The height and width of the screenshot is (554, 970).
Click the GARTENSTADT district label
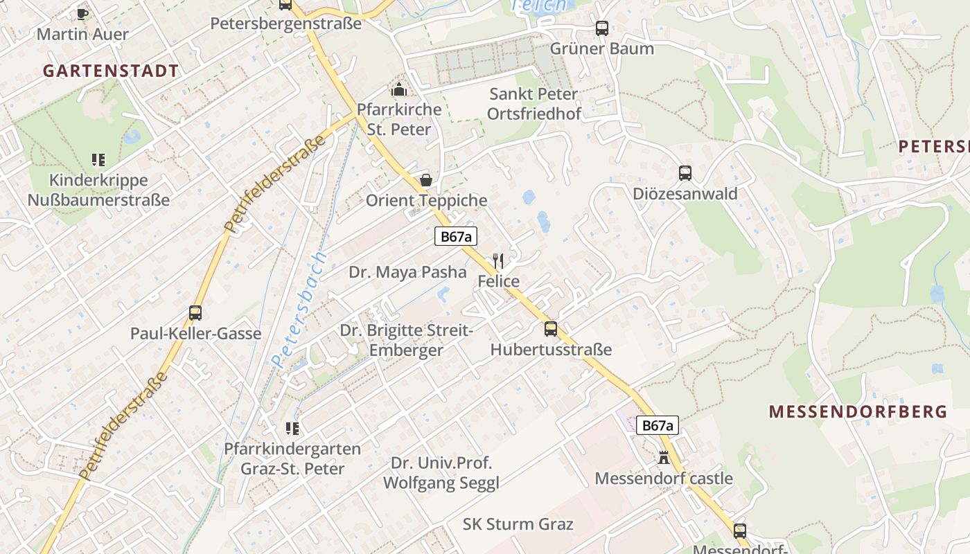(x=111, y=71)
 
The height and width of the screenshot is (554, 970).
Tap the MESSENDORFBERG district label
(x=858, y=411)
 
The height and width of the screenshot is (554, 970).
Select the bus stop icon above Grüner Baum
(x=601, y=28)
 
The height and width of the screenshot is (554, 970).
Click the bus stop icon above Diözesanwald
(x=685, y=173)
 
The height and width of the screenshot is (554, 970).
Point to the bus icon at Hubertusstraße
(x=550, y=329)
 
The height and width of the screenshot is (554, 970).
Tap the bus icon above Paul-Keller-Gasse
(x=195, y=313)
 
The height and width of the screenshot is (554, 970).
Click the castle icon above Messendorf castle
(x=663, y=458)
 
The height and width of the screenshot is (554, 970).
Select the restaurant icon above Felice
(x=498, y=261)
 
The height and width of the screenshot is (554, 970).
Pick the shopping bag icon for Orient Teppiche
(x=425, y=180)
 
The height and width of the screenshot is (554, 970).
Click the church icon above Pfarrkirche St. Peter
(x=398, y=89)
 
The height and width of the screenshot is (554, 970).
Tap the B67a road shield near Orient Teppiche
(x=457, y=236)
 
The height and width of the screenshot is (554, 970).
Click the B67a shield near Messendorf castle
(x=657, y=425)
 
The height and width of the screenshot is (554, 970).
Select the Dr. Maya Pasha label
(x=407, y=271)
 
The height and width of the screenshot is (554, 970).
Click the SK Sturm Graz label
(x=518, y=524)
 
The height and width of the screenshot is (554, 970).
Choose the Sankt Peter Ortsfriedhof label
(x=533, y=103)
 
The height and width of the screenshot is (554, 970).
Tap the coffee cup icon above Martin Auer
(x=82, y=14)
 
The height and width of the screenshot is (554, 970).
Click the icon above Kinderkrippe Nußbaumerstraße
(x=98, y=160)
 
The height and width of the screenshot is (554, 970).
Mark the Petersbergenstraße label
(x=285, y=24)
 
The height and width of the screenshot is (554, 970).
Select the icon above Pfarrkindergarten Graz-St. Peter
(x=292, y=429)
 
